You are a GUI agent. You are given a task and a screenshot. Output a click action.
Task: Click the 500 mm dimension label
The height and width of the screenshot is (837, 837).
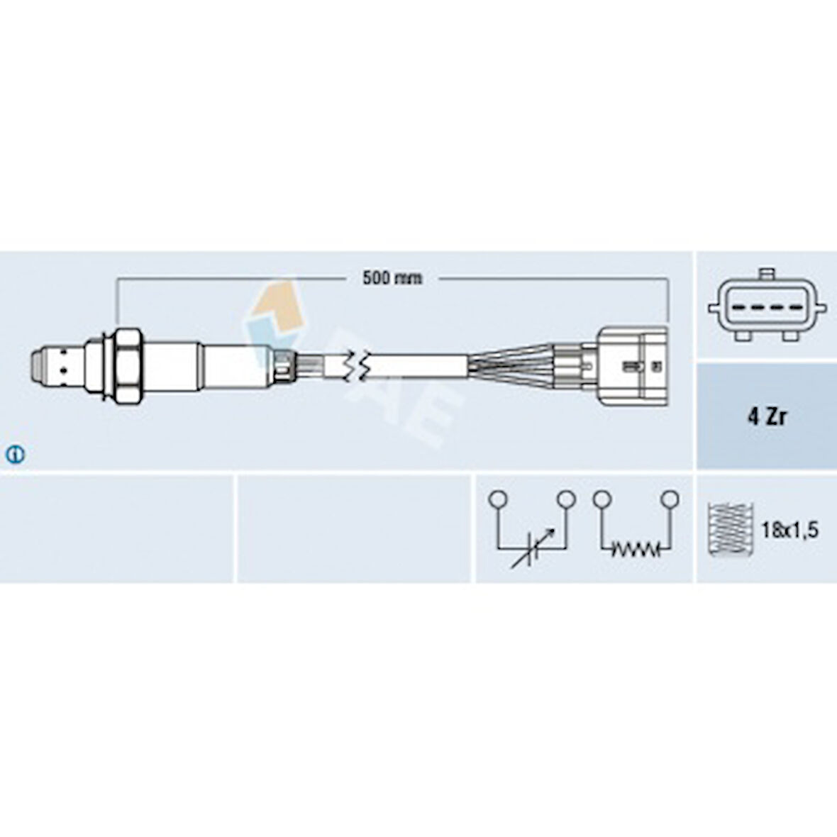click(392, 278)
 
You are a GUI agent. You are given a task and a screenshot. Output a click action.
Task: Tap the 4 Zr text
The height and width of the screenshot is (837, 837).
click(767, 416)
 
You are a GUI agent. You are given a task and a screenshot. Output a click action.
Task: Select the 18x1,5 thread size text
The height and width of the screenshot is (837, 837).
click(789, 530)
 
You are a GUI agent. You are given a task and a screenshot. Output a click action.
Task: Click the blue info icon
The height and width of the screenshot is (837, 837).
click(15, 455)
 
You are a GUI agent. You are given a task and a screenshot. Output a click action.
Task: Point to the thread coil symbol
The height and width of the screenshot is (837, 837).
click(730, 528)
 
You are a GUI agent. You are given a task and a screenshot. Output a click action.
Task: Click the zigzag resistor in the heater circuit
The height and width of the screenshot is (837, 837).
click(636, 549)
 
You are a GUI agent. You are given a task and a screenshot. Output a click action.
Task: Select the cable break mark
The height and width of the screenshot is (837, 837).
click(356, 367)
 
